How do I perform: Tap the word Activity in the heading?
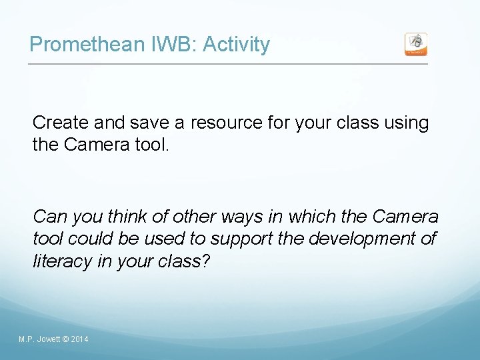coord(236,45)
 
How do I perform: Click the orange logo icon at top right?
coord(416,45)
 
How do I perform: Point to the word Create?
coord(61,123)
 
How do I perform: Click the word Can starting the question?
coord(49,217)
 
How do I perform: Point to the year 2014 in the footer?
coord(79,340)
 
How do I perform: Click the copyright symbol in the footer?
coord(65,340)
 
